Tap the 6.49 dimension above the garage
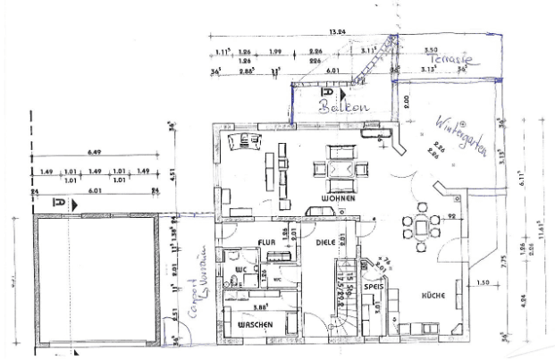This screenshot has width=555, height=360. [95, 153]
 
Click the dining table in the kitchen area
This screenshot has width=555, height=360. [420, 227]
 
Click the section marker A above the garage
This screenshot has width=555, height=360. [59, 205]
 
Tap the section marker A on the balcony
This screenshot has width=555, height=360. [328, 93]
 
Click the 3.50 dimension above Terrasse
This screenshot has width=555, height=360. [432, 51]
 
